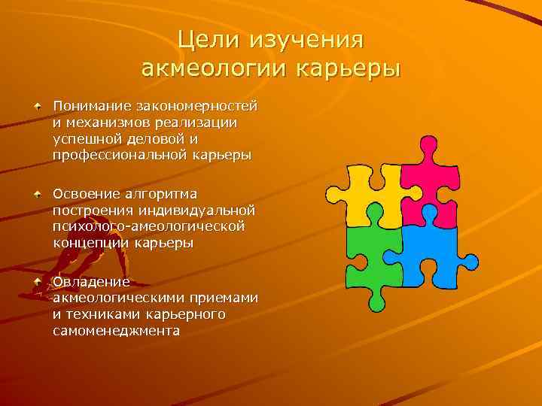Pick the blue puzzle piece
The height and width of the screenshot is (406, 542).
click(x=429, y=252)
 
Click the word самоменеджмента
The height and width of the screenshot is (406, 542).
click(x=117, y=331)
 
